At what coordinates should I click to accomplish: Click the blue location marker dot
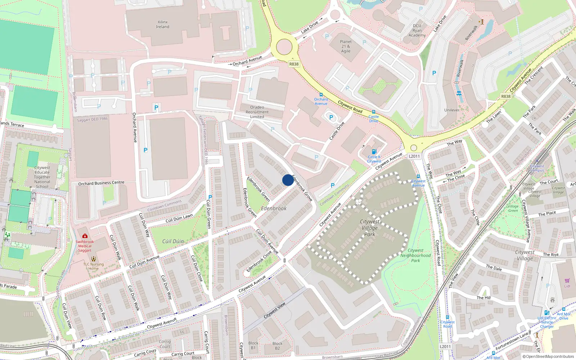[288, 180]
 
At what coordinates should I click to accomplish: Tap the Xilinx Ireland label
[163, 24]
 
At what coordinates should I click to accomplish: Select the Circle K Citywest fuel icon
[374, 152]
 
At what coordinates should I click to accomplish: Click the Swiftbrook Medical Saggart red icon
[85, 236]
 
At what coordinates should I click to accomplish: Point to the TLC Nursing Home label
[94, 266]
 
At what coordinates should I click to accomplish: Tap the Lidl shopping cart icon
[567, 281]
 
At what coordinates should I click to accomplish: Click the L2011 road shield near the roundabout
[414, 156]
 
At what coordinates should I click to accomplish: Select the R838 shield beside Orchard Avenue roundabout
[294, 64]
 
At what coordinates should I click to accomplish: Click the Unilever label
[452, 110]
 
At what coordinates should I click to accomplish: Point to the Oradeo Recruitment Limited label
[257, 112]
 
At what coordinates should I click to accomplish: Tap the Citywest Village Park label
[370, 228]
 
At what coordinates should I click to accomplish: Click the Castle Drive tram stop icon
[374, 112]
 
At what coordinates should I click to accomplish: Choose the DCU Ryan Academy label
[417, 30]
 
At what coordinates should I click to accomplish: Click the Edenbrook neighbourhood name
[274, 208]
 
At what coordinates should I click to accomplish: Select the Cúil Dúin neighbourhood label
[173, 241]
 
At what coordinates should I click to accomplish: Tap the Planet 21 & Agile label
[346, 46]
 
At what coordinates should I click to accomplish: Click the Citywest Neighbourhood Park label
[415, 255]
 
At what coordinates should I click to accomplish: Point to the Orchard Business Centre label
[101, 183]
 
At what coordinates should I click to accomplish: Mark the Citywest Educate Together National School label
[42, 177]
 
